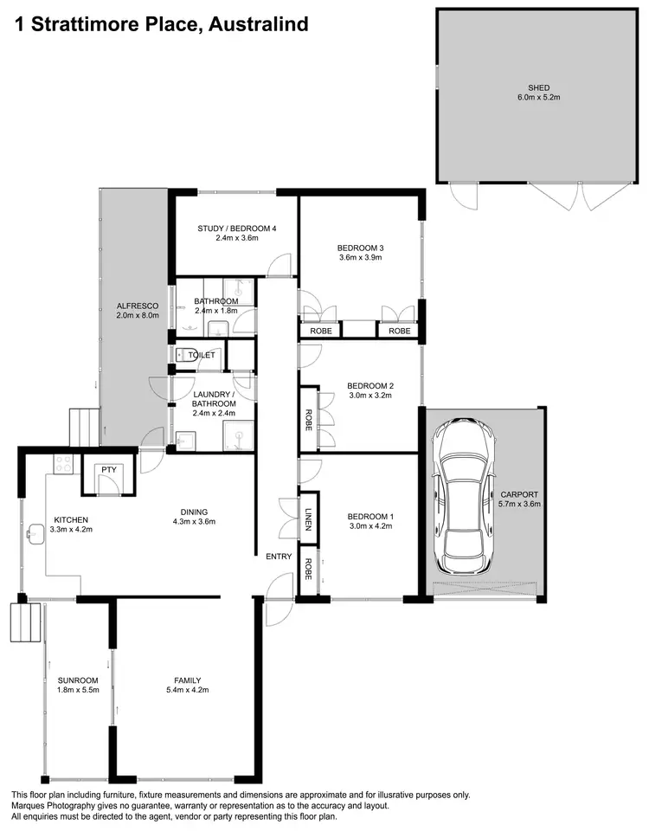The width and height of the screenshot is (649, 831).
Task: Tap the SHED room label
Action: pos(539,87)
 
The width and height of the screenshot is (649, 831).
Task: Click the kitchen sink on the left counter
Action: pos(35,532)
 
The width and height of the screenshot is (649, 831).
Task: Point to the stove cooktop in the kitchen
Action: pos(62,465)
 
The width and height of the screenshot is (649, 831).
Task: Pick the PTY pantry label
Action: pos(108,470)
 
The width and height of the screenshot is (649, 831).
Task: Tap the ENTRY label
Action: pos(279,557)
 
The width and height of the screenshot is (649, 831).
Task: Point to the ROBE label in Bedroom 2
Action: pos(308,420)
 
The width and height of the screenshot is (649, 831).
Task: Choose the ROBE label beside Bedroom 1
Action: pos(308,568)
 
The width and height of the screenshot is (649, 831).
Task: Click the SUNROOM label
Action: pos(66,680)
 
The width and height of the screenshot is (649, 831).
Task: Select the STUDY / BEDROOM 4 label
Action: pos(236,229)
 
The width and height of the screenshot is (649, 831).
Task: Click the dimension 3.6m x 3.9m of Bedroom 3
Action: pos(360,258)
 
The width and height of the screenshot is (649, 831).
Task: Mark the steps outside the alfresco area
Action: pos(84,428)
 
